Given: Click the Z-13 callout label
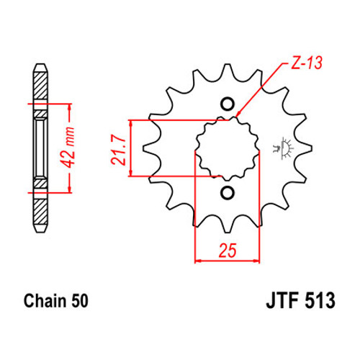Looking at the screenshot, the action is (307, 63).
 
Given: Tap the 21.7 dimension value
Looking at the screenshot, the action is (119, 149).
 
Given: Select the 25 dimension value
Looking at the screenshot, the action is (228, 251).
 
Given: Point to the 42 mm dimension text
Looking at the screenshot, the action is (67, 148).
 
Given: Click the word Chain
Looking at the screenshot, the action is (45, 300).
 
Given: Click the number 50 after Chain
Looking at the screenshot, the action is (80, 301).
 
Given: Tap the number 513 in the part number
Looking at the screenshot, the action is (320, 300).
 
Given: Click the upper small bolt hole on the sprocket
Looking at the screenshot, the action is (227, 104).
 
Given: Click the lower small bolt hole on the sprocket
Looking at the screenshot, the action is (227, 193).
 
